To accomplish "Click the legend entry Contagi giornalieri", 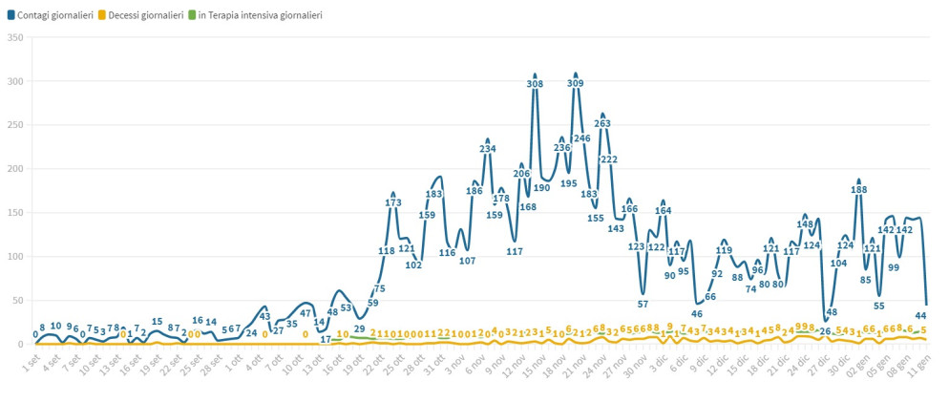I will pos(54,15).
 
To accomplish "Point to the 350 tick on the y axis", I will pos(14,37).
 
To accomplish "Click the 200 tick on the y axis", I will pos(14,169).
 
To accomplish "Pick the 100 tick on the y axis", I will pos(14,257).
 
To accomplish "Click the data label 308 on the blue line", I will pos(535,84).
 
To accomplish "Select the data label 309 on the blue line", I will pos(575,84).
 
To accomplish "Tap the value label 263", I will pos(602,124).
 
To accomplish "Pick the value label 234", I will pos(488,149).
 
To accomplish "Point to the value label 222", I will pos(609,159).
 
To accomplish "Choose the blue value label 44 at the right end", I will pos(920,316).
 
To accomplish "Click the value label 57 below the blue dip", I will pos(643,305).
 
